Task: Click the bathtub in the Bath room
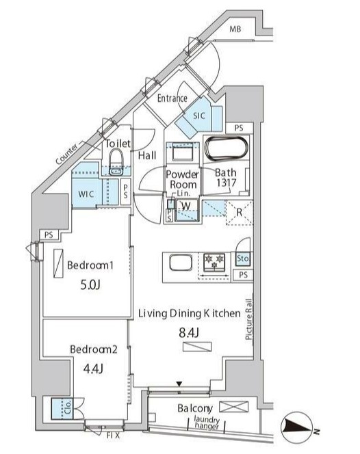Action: tap(227, 148)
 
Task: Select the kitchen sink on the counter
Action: tap(181, 263)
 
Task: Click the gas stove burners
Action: tap(214, 262)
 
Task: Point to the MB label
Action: tap(235, 29)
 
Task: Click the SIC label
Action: tap(199, 116)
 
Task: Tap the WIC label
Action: tap(86, 194)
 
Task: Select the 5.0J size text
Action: tap(90, 285)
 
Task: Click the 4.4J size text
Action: tap(93, 369)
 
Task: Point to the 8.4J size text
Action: tap(189, 333)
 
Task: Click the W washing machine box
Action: tap(187, 210)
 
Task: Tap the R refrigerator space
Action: tap(240, 212)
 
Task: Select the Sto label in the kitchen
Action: tap(243, 258)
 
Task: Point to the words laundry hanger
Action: tap(207, 423)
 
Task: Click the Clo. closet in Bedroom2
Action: tap(62, 409)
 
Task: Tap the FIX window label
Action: tap(114, 435)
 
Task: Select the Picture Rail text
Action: tap(248, 319)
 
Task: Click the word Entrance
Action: tap(172, 98)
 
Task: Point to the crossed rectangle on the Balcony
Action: tap(233, 407)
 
